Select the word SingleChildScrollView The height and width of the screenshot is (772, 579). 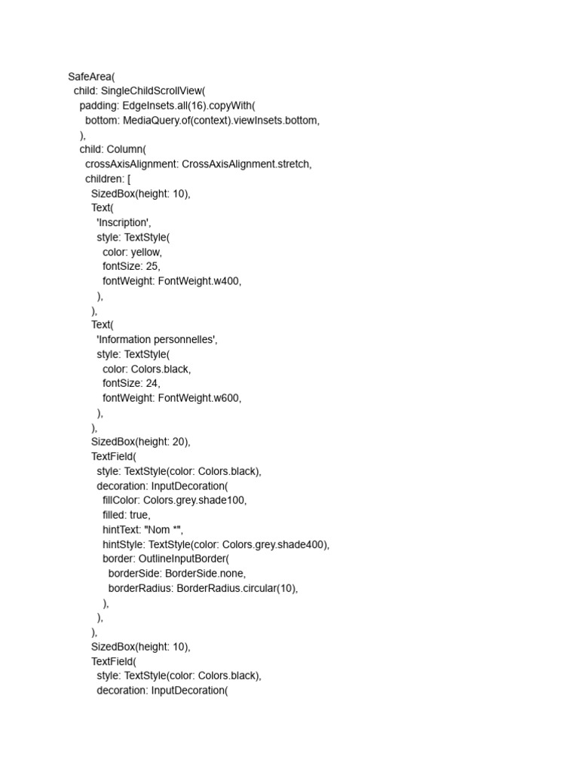(157, 91)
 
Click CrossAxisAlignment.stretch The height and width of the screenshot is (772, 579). (247, 164)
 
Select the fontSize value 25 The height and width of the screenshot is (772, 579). (152, 267)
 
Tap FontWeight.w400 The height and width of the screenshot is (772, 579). (199, 281)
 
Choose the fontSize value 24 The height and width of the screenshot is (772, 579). (152, 384)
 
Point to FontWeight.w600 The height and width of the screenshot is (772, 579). (199, 398)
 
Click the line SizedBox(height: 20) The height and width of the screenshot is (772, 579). (141, 442)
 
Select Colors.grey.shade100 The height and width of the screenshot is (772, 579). (200, 501)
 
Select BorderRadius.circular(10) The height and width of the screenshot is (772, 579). (237, 588)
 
